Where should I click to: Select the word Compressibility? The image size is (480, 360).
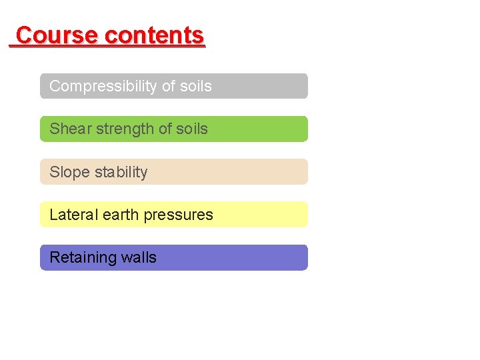pos(103,87)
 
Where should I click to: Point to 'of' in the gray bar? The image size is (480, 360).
pos(167,87)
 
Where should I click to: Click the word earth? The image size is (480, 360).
pos(119,215)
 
